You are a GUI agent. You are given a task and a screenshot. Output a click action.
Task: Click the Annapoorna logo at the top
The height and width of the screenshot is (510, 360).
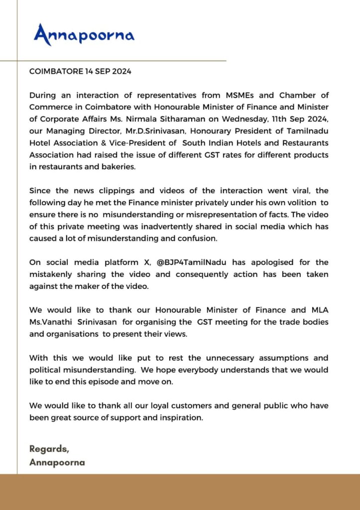84,34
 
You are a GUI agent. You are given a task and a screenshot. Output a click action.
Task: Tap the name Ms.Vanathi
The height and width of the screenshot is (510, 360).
51,322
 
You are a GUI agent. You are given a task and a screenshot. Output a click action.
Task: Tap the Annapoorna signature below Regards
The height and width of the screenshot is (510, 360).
57,462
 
